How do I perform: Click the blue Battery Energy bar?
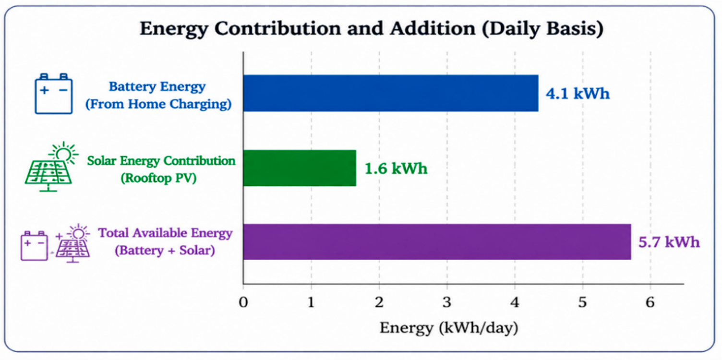pyautogui.click(x=391, y=93)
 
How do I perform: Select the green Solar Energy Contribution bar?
pyautogui.click(x=300, y=168)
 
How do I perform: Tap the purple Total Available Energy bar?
pyautogui.click(x=437, y=242)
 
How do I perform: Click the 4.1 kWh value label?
pyautogui.click(x=578, y=94)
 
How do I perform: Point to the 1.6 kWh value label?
pyautogui.click(x=396, y=168)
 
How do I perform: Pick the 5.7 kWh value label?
pyautogui.click(x=669, y=242)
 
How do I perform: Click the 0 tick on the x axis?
pyautogui.click(x=243, y=302)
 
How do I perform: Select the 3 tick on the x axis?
pyautogui.click(x=447, y=302)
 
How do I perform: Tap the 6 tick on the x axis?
pyautogui.click(x=650, y=302)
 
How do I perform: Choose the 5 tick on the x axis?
pyautogui.click(x=582, y=302)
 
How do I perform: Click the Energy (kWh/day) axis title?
pyautogui.click(x=449, y=328)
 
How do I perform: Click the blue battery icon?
pyautogui.click(x=53, y=94)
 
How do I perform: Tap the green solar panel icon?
pyautogui.click(x=51, y=167)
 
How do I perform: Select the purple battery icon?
pyautogui.click(x=34, y=245)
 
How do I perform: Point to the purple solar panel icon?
pyautogui.click(x=73, y=243)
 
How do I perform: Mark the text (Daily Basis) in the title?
pyautogui.click(x=543, y=29)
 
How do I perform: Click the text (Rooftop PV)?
pyautogui.click(x=158, y=178)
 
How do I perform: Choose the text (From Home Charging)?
pyautogui.click(x=158, y=104)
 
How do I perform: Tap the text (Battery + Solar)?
pyautogui.click(x=165, y=251)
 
